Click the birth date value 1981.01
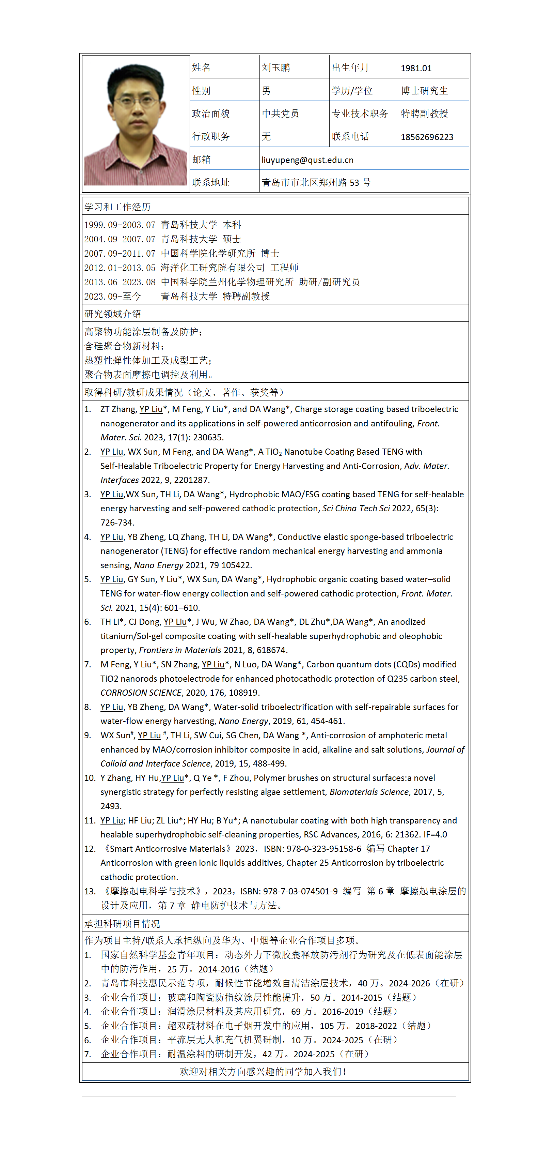point(416,68)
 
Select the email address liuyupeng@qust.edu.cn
point(307,160)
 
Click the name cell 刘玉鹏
point(276,68)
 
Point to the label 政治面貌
point(210,114)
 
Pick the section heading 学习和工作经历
point(117,207)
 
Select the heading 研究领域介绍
point(112,314)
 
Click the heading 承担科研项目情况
point(122,924)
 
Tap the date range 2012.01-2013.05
point(120,268)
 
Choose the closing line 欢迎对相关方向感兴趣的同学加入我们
point(263,1071)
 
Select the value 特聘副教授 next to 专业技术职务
point(424,114)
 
